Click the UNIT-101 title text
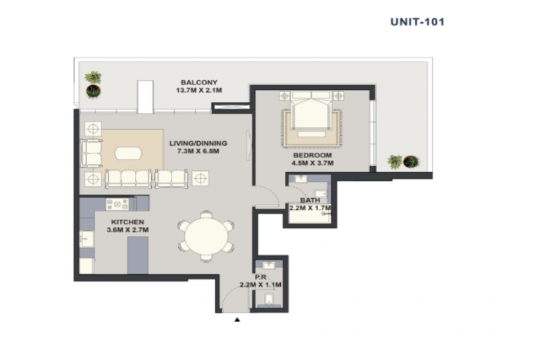(417, 21)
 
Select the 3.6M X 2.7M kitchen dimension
(127, 230)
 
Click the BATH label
(310, 200)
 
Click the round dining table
(207, 236)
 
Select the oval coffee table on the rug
(128, 153)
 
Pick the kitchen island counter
(138, 254)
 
